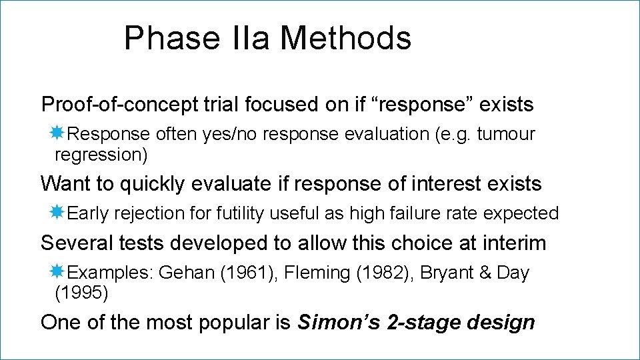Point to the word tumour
click(506, 134)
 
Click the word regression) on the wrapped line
click(101, 155)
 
